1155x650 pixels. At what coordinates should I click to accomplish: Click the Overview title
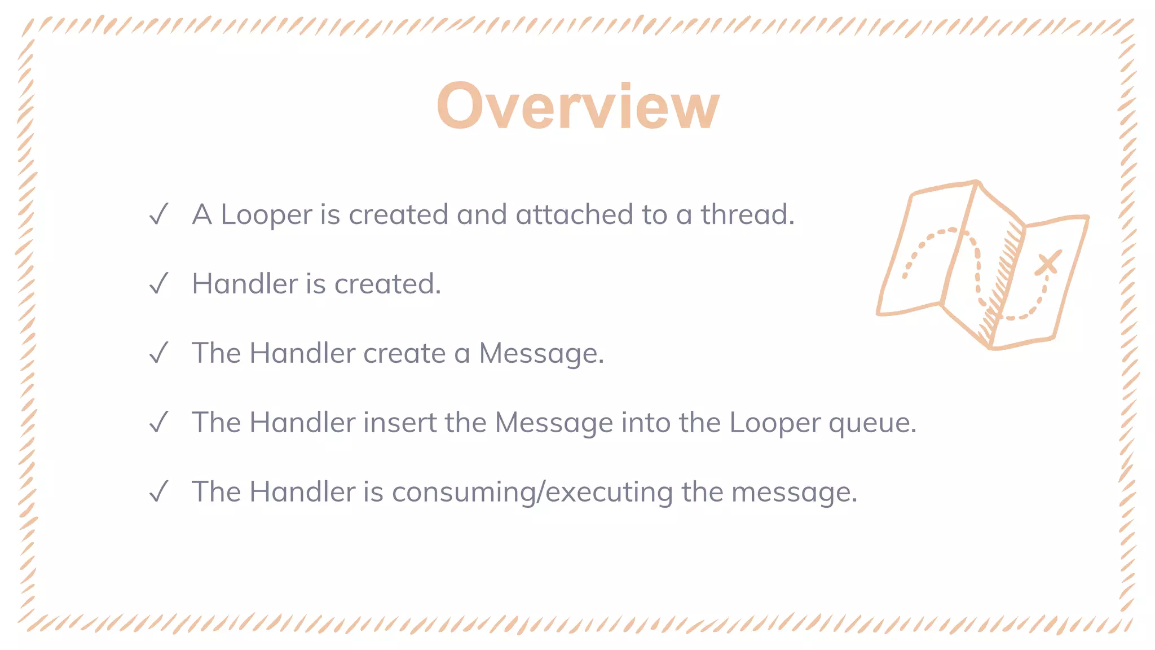577,106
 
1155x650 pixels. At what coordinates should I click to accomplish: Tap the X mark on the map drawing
1048,263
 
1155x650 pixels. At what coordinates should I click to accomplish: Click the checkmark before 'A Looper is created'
159,214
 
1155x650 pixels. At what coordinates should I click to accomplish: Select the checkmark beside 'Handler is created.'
159,283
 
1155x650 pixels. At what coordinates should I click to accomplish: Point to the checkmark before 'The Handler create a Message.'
159,353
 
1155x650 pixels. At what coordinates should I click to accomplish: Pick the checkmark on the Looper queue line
159,422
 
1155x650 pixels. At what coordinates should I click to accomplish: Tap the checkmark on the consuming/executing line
159,491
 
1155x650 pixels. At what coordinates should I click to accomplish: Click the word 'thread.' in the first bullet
747,214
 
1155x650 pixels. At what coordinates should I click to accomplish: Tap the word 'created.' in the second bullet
387,283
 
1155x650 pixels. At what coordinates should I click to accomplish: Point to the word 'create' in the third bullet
404,354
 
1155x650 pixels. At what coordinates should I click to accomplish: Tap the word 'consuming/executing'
532,493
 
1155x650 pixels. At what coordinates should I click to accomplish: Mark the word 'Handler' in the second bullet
245,283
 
